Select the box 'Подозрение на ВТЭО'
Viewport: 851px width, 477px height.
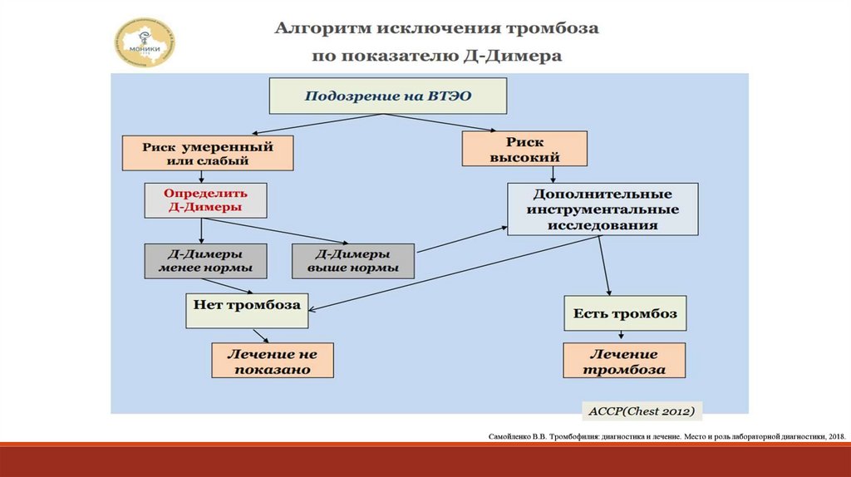(x=387, y=96)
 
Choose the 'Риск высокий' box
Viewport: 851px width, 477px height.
(x=524, y=150)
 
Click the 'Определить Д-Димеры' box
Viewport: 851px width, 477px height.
(x=204, y=199)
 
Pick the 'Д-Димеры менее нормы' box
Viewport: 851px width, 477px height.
(x=204, y=261)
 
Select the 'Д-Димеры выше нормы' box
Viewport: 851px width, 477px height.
(x=352, y=261)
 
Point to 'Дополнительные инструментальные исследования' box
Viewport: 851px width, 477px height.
(x=603, y=209)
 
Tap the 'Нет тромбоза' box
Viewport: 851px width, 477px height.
(x=246, y=310)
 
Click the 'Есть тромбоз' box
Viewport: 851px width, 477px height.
(x=625, y=313)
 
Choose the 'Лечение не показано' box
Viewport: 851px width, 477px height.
(x=272, y=361)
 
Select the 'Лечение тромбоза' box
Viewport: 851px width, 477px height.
(x=625, y=361)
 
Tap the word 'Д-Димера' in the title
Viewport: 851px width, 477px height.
(x=527, y=57)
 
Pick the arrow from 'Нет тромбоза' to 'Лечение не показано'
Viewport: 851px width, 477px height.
(x=261, y=335)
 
